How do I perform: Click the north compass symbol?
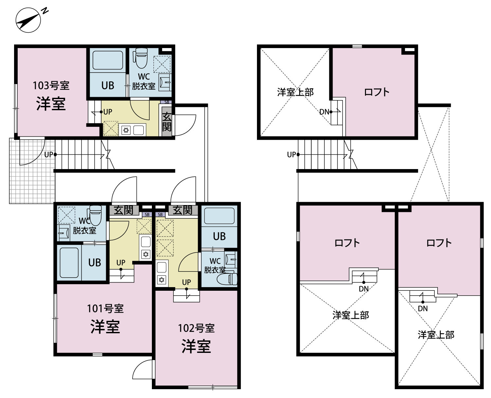[28, 20]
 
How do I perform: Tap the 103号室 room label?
[51, 86]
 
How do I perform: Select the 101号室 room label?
[105, 309]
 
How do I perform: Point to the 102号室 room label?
[196, 328]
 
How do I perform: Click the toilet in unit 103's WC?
[141, 58]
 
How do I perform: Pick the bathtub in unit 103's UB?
[107, 60]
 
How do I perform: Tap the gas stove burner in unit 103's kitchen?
[126, 130]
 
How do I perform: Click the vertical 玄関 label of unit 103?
[167, 122]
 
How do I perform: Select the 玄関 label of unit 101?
[123, 210]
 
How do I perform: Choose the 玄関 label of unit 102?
[183, 210]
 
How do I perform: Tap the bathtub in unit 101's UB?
[69, 263]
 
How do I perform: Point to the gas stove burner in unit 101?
[146, 254]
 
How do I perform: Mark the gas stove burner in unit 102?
[161, 280]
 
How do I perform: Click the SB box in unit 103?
[166, 102]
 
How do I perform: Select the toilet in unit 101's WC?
[95, 216]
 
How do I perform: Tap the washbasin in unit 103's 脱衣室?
[165, 82]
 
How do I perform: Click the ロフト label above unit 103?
[377, 92]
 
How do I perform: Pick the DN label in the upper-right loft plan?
[324, 112]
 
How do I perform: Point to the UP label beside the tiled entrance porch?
[48, 155]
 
